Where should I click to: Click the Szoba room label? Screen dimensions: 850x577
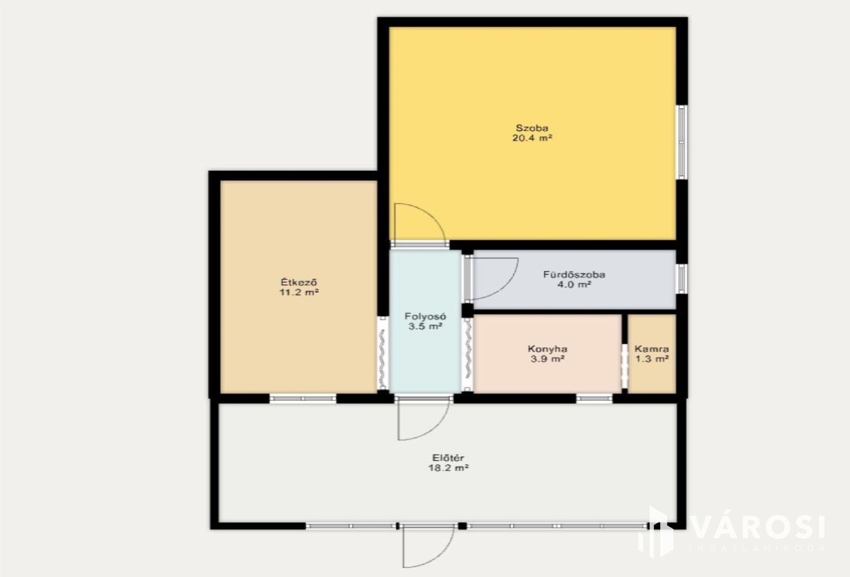(532, 128)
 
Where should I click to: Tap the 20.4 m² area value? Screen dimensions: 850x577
(532, 138)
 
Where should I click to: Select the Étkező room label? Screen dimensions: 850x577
(299, 283)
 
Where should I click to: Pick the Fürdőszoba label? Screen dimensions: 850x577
(574, 274)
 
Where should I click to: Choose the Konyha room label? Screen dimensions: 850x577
(547, 349)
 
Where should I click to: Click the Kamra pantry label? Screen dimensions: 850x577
(652, 349)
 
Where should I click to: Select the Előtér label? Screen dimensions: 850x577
(446, 458)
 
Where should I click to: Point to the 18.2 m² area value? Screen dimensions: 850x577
(448, 468)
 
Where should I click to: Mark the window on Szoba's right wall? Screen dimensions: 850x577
(682, 142)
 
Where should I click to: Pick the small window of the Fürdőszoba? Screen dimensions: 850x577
(682, 279)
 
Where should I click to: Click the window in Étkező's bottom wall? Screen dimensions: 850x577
(303, 398)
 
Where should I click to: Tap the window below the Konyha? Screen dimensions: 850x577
(594, 398)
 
